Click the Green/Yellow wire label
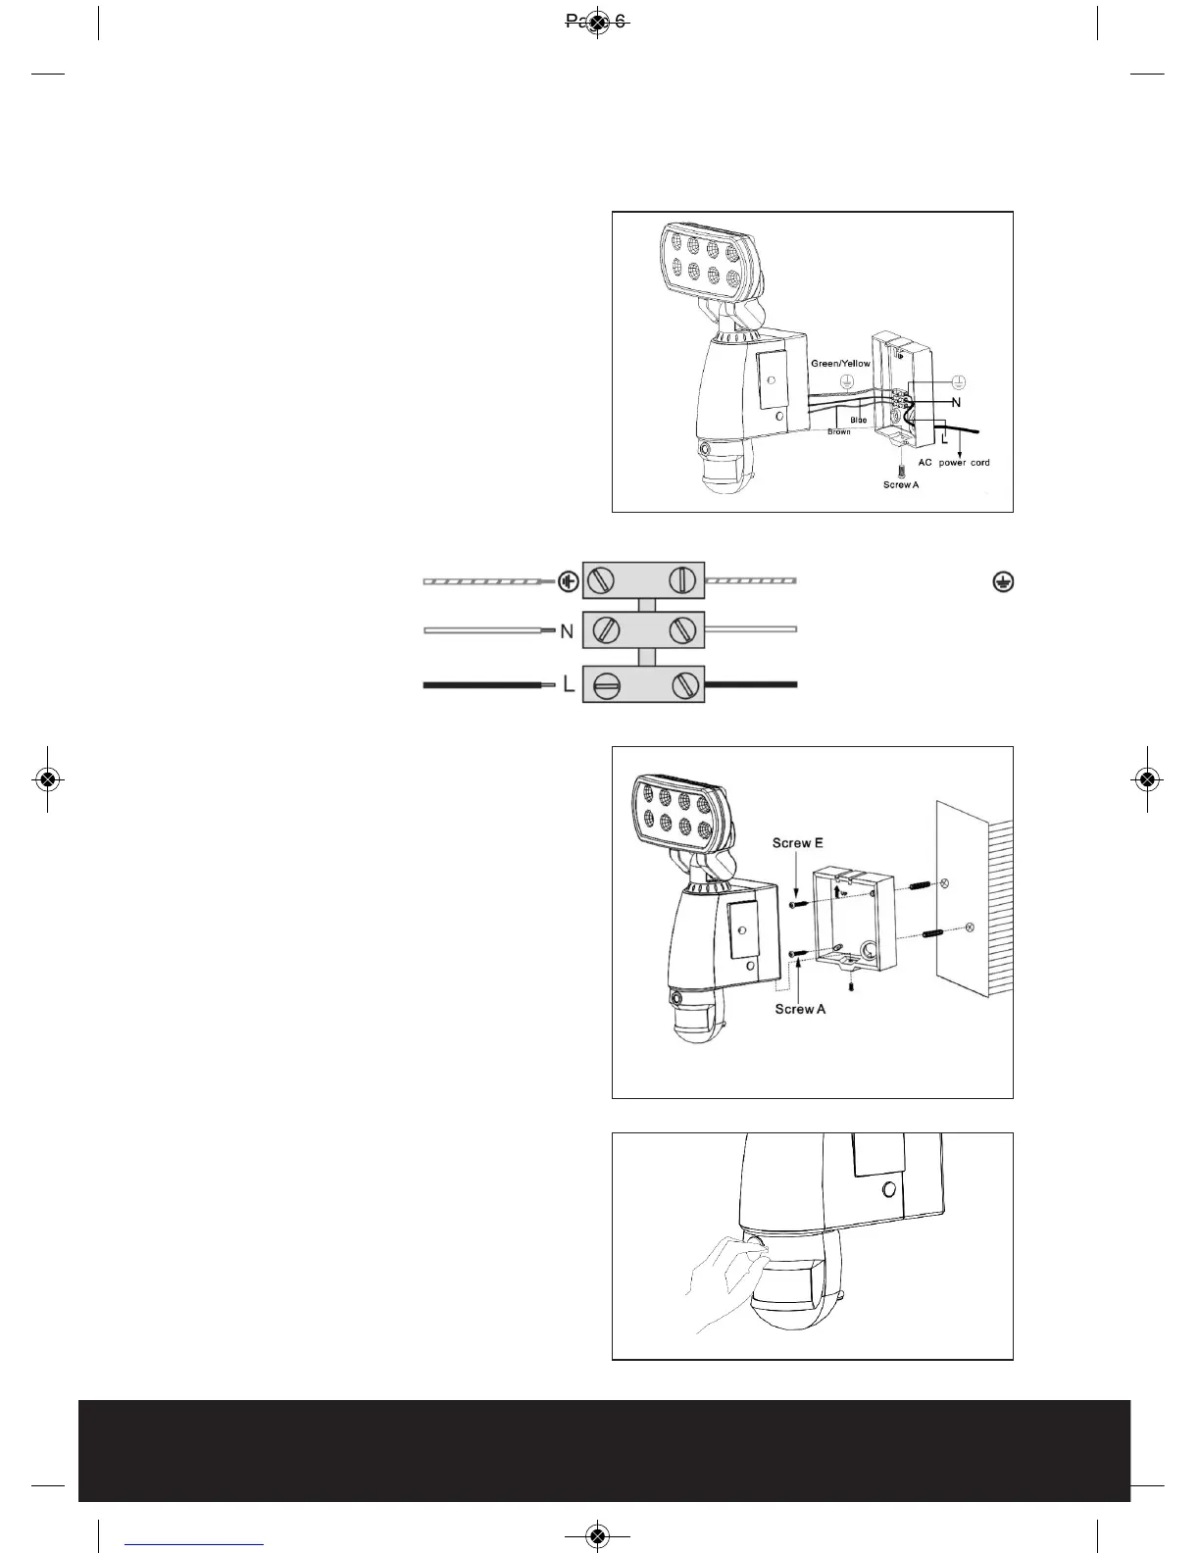tap(840, 363)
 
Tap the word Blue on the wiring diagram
tap(858, 420)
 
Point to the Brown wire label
tap(838, 431)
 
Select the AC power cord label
tap(953, 462)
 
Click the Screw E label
tap(797, 842)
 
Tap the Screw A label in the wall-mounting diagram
tap(799, 1009)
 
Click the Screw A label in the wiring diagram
tap(900, 484)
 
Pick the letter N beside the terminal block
tap(567, 632)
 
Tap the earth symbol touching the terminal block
tap(568, 582)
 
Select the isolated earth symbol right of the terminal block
tap(1003, 581)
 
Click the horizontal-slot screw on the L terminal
tap(606, 685)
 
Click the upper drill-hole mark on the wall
tap(943, 884)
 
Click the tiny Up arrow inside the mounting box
tap(838, 891)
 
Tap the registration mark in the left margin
tap(47, 779)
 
